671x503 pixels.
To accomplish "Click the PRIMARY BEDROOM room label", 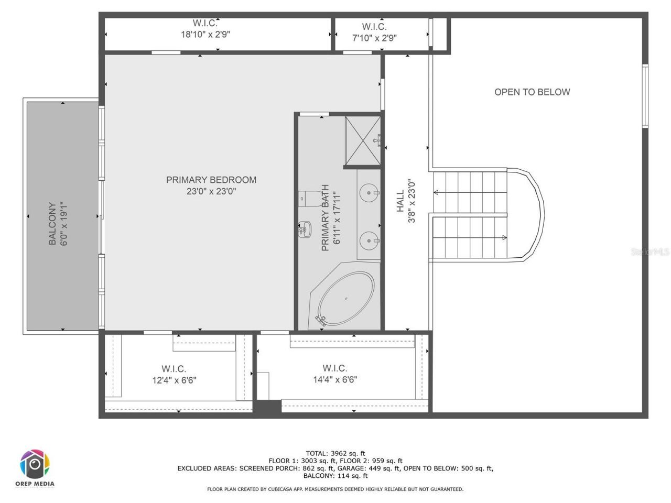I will pos(211,180).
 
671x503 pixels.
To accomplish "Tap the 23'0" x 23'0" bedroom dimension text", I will pos(211,192).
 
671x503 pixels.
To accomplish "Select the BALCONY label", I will pos(52,224).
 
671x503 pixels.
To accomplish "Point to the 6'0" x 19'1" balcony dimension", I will pos(64,224).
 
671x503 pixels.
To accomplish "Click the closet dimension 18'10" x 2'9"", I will pos(205,35).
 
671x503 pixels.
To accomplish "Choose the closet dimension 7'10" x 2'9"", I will pos(374,38).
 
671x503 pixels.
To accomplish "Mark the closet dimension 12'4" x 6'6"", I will pos(174,380).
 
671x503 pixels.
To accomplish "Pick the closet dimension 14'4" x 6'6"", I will pos(335,380).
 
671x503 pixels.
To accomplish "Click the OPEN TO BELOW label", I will pos(532,92).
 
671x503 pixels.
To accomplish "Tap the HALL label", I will pos(401,201).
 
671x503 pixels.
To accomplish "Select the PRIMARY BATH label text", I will pos(325,217).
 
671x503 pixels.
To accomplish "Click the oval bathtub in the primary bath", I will pos(347,298).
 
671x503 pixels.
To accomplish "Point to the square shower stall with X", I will pos(362,140).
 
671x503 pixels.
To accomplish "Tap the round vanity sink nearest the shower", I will pos(370,192).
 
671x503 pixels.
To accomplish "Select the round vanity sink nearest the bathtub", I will pos(370,240).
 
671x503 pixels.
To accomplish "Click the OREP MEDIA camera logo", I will pos(35,464).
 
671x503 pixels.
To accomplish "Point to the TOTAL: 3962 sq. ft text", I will pos(335,454).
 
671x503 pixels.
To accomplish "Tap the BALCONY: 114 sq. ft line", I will pos(335,476).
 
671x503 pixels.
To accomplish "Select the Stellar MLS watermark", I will pos(650,252).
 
